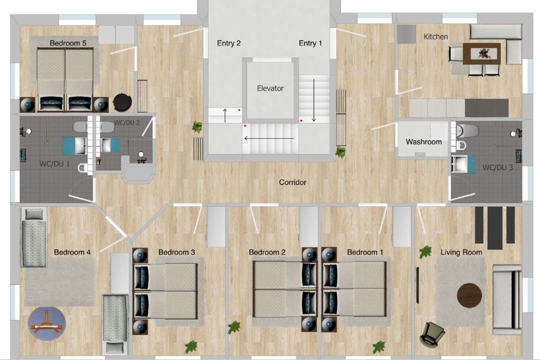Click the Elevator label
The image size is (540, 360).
[270, 88]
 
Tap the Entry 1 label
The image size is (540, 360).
[310, 43]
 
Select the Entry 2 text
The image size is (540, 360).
[228, 43]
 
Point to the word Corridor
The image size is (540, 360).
[292, 182]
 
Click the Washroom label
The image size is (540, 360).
[423, 141]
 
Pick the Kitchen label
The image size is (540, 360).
[435, 36]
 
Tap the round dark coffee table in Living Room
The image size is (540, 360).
[469, 295]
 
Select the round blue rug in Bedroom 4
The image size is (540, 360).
[47, 323]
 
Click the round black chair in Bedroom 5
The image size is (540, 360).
[122, 102]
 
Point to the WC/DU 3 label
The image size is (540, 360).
[497, 167]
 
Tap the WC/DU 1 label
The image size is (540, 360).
[54, 164]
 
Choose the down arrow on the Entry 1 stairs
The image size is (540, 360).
[313, 100]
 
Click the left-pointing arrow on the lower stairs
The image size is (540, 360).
[269, 138]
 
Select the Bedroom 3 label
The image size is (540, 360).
[176, 252]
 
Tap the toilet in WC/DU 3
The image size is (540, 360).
[467, 131]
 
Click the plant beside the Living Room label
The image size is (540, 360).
[425, 252]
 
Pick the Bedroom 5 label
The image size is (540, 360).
[68, 43]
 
